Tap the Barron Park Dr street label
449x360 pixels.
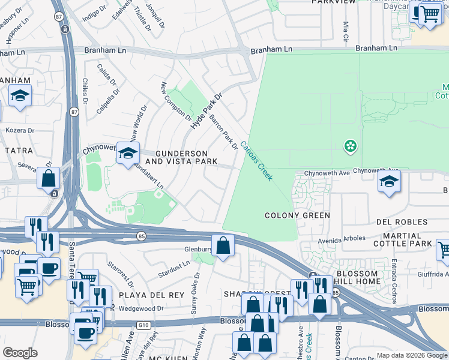tap(223, 132)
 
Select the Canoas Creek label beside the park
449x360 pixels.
tap(257, 161)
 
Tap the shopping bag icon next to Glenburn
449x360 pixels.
tap(223, 246)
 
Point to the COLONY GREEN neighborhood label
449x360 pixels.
tap(298, 215)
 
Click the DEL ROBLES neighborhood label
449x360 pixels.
tap(402, 222)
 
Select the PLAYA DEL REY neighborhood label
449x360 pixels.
tap(148, 296)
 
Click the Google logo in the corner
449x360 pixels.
tap(20, 353)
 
